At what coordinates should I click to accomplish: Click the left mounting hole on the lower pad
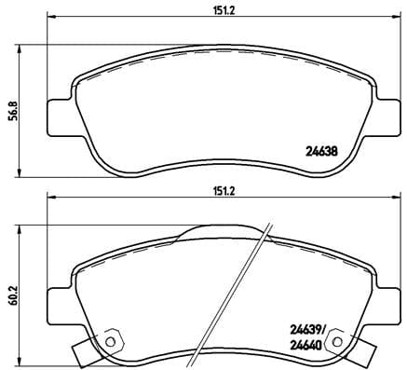point(112,339)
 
